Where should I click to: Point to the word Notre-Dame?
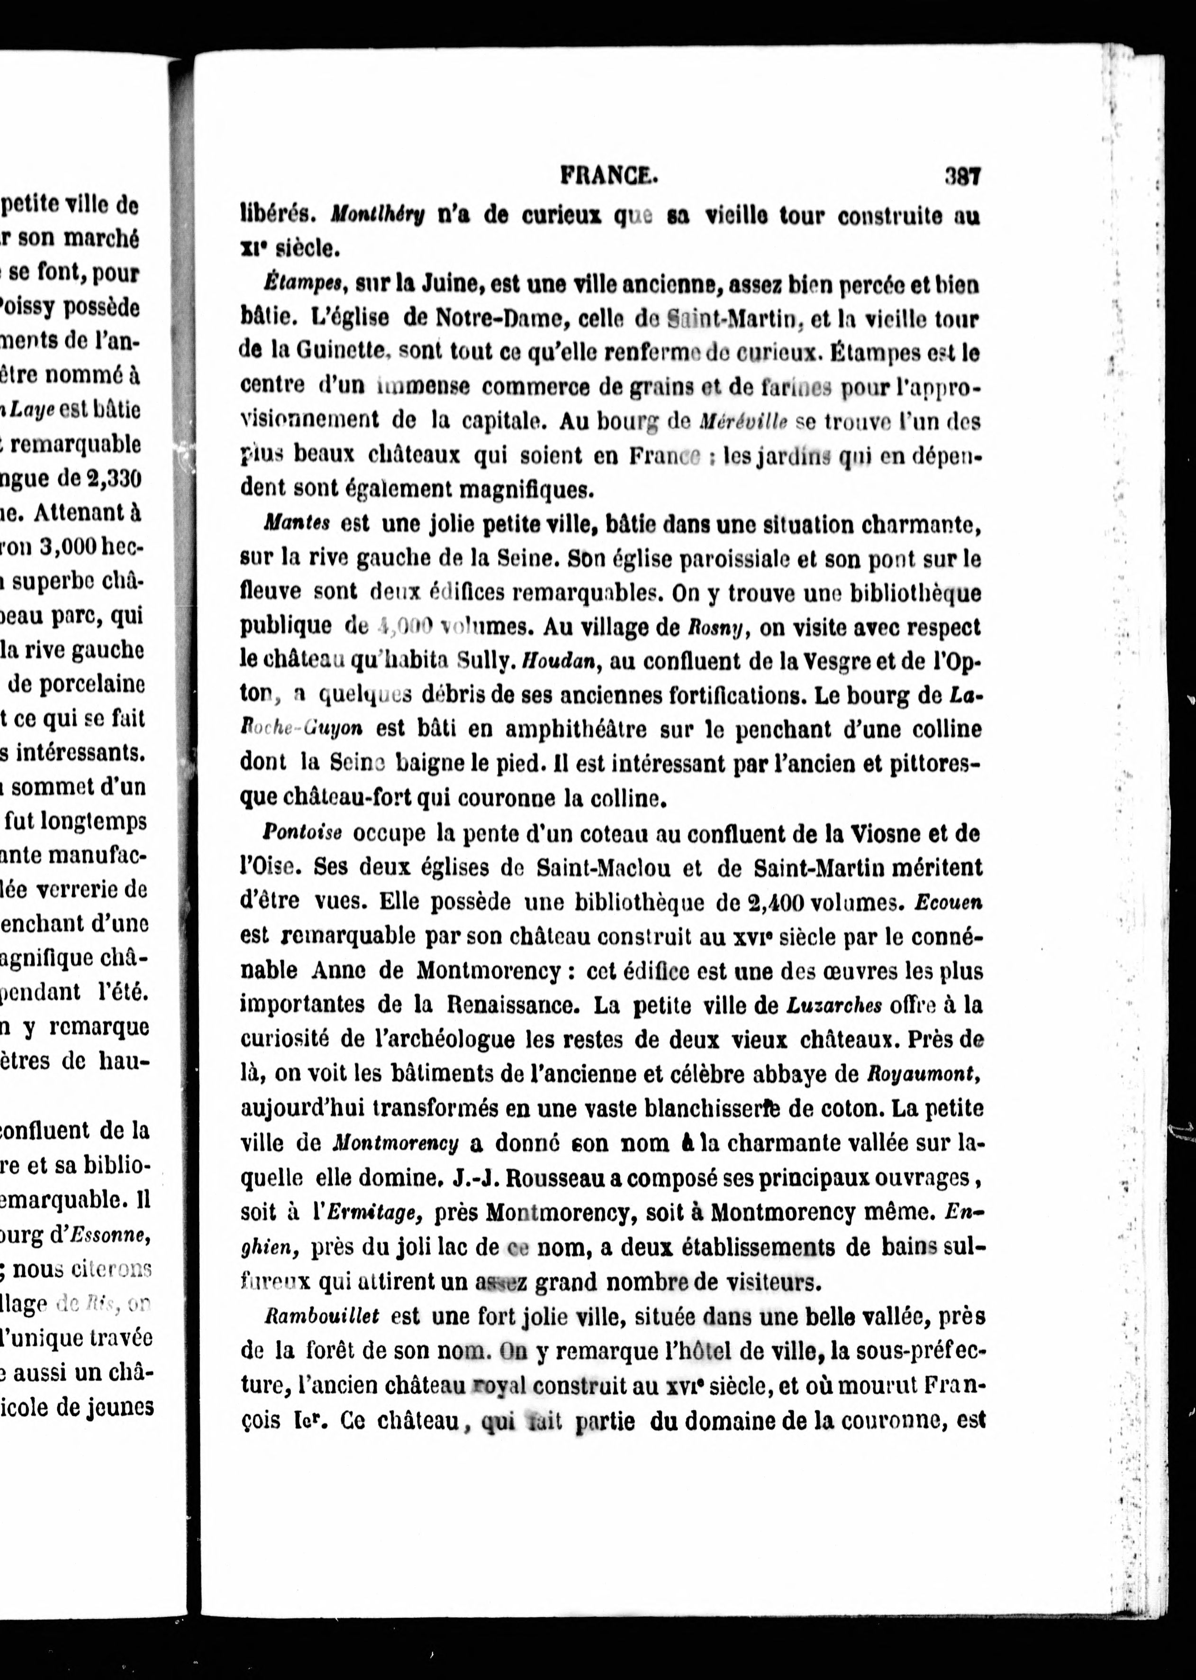(x=498, y=318)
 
